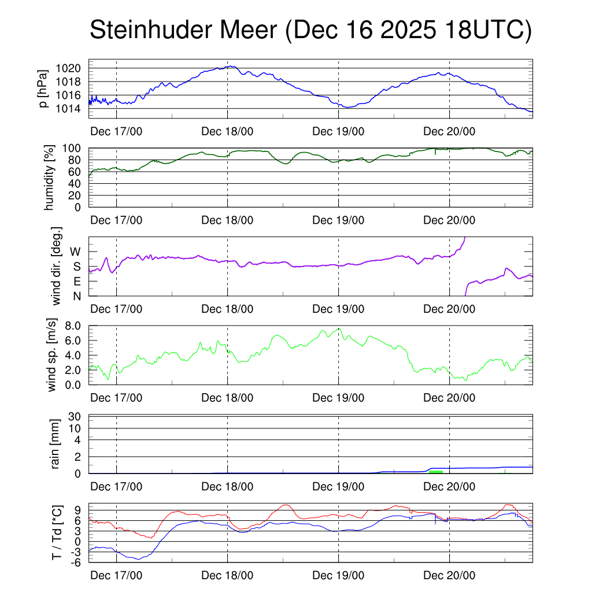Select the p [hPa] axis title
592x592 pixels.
pos(42,88)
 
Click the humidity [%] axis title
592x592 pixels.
pos(50,177)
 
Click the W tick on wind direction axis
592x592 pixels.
pos(76,251)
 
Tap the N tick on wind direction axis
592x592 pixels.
pos(77,296)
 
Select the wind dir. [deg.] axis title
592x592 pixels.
pos(57,266)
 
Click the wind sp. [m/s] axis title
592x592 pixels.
pos(52,355)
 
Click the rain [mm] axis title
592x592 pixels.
pos(56,444)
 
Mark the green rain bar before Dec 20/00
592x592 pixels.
pos(436,472)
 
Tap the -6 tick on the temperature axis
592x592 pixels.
pos(73,562)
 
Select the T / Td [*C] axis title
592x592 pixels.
pos(57,532)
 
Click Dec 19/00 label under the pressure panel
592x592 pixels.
pos(338,131)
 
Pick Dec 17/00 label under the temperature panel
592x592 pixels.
pos(116,575)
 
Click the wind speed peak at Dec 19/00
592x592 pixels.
pos(339,328)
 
